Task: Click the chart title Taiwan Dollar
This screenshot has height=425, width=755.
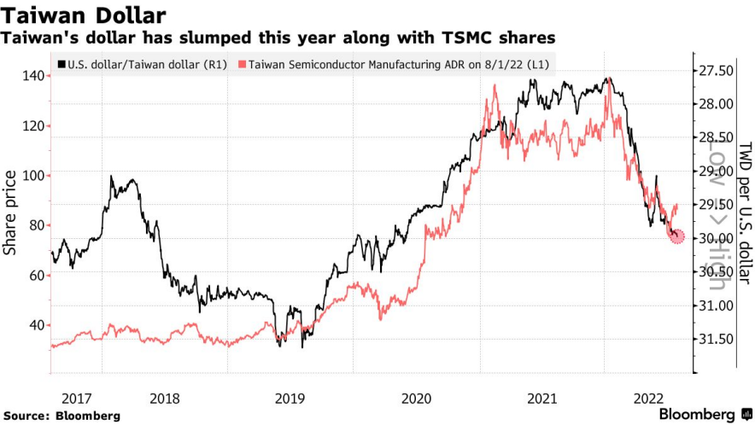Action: pyautogui.click(x=83, y=15)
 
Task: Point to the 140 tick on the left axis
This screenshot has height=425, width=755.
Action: pyautogui.click(x=34, y=76)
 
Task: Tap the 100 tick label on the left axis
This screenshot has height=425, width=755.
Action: pyautogui.click(x=34, y=176)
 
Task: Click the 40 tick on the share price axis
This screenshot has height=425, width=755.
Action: pyautogui.click(x=38, y=325)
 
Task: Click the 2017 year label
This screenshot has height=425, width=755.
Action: pyautogui.click(x=76, y=397)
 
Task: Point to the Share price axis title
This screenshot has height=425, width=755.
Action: pyautogui.click(x=10, y=212)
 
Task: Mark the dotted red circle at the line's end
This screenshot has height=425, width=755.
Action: pyautogui.click(x=676, y=236)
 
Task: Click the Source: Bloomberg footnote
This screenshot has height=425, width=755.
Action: pyautogui.click(x=61, y=416)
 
